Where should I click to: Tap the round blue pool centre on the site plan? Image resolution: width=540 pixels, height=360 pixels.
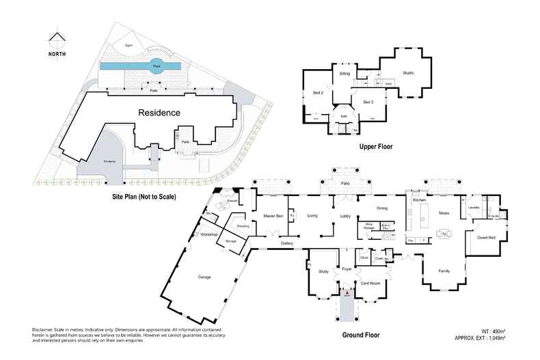click(157, 66)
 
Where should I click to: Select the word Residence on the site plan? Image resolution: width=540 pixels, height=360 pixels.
click(159, 113)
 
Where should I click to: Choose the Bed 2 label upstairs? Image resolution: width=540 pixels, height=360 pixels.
click(318, 92)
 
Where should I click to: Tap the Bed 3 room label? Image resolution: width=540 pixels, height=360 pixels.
click(368, 102)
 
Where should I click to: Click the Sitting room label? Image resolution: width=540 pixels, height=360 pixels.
click(345, 72)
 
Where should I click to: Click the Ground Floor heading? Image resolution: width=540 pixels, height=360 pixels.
click(360, 335)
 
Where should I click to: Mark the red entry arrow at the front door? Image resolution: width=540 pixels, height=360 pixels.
click(347, 292)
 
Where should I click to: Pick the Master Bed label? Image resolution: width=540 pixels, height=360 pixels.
click(273, 216)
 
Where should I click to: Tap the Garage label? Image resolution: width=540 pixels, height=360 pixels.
click(204, 277)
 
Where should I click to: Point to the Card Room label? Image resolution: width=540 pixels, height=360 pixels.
click(370, 283)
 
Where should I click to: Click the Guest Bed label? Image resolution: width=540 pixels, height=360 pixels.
click(486, 237)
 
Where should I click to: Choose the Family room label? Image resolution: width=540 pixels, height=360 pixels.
click(444, 270)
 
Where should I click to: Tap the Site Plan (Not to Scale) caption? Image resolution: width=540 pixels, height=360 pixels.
click(144, 197)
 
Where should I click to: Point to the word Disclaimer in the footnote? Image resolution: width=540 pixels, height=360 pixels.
click(44, 329)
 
